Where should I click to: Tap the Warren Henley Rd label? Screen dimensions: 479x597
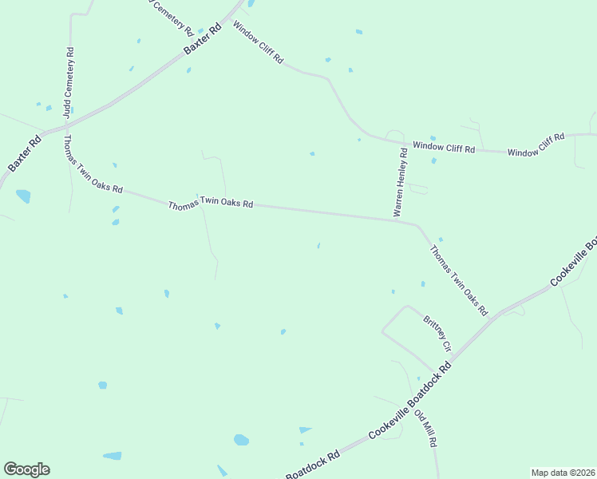point(401,181)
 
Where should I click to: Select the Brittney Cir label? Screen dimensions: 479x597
point(437,335)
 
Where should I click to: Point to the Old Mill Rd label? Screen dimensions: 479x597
point(426,429)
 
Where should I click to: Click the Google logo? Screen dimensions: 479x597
point(26,469)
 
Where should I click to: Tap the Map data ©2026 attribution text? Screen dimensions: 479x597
point(563,473)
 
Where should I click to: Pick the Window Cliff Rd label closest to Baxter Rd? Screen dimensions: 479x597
point(258,42)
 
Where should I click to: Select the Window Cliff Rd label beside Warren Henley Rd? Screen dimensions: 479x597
point(444,148)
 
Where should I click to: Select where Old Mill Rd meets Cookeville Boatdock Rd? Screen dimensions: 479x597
point(406,402)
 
